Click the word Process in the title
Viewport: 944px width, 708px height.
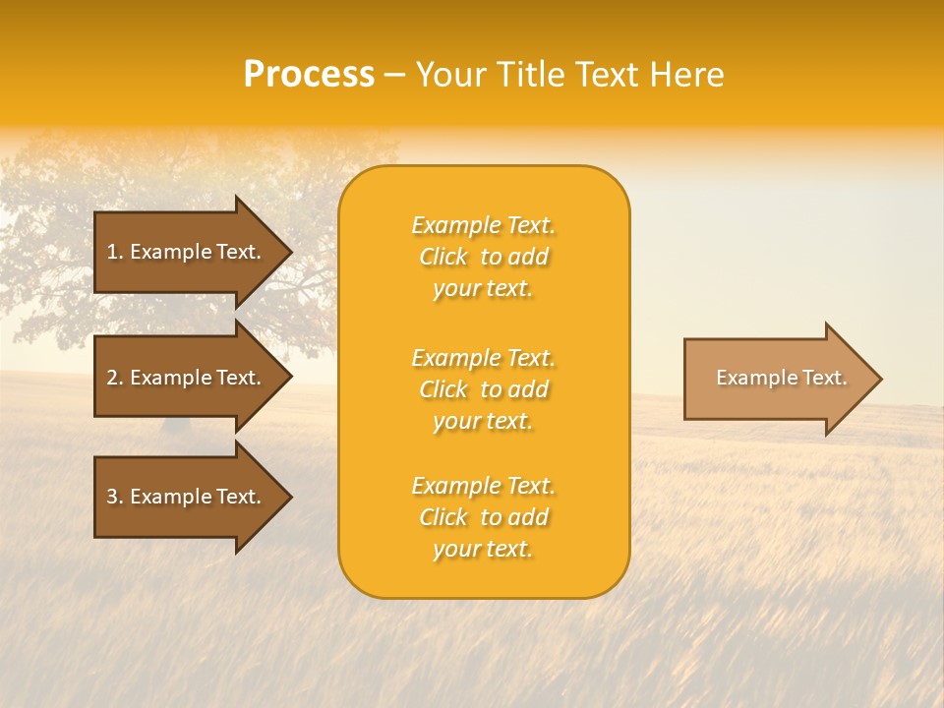[x=309, y=75]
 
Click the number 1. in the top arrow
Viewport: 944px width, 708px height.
[x=115, y=252]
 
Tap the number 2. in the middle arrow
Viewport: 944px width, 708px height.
[x=115, y=378]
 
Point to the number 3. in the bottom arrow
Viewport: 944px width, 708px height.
[x=115, y=497]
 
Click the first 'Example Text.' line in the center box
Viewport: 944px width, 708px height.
[x=483, y=226]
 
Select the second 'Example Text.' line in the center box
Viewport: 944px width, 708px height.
[x=483, y=358]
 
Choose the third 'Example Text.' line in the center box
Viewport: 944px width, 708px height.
[x=483, y=486]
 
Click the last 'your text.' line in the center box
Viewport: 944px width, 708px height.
[x=483, y=550]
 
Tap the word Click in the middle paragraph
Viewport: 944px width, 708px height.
[x=443, y=390]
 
